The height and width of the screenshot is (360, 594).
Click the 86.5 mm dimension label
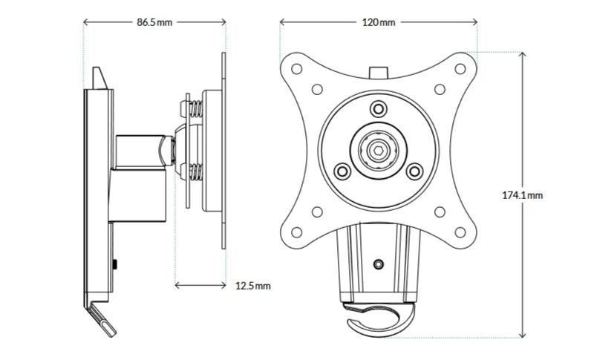coord(154,22)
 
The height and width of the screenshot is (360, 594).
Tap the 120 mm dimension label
coord(379,22)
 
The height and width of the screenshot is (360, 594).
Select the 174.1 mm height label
coord(523,195)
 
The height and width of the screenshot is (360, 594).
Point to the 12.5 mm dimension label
coord(253,286)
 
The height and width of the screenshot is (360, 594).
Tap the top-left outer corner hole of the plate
coord(296,69)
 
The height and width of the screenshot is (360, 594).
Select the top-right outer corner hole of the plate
coord(460,69)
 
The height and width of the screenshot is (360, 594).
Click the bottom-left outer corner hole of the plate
coord(296,232)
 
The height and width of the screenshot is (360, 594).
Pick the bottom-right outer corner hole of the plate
coord(460,232)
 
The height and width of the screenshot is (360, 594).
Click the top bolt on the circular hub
coord(378,109)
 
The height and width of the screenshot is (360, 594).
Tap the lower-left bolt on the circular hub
coord(342,171)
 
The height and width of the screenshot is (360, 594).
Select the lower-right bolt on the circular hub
coord(414,171)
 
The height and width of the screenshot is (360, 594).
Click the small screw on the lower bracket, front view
coord(379,264)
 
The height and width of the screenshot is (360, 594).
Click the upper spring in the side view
coord(196,109)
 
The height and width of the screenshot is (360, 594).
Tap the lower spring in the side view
coord(196,173)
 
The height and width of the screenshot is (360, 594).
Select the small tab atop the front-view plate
coord(379,73)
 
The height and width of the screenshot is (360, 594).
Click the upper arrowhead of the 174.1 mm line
coord(523,54)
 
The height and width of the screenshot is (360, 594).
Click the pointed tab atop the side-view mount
coord(100,79)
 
